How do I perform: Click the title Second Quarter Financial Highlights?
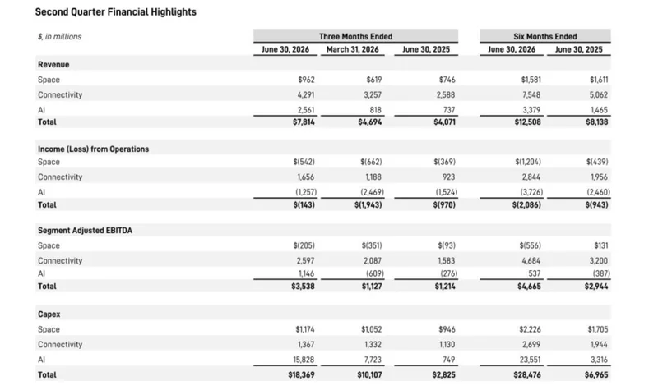(x=115, y=12)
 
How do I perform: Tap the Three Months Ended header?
(x=355, y=36)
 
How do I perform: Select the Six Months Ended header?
(x=545, y=36)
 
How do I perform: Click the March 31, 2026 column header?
(x=353, y=49)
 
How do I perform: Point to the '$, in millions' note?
(x=59, y=37)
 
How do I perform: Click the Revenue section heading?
(x=53, y=65)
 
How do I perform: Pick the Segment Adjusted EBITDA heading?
(x=85, y=231)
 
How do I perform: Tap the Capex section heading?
(x=49, y=314)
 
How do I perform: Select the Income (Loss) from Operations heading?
(x=93, y=149)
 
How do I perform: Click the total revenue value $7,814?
(x=304, y=122)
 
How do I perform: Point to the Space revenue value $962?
(x=306, y=80)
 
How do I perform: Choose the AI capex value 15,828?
(x=304, y=360)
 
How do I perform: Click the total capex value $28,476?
(x=527, y=374)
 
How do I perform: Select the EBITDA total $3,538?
(x=303, y=286)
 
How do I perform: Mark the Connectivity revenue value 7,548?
(x=531, y=94)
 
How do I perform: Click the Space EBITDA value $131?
(x=601, y=245)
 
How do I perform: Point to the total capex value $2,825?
(x=443, y=374)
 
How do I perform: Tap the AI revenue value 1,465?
(x=599, y=110)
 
